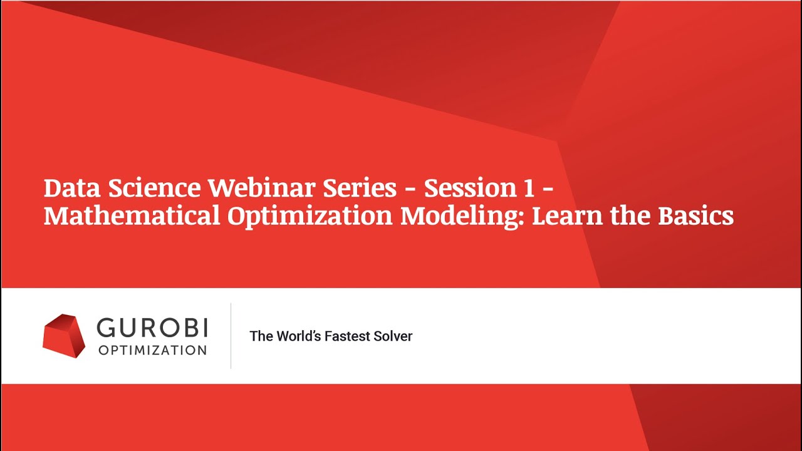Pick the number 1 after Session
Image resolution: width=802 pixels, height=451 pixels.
(527, 188)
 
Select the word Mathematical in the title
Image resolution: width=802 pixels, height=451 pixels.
(132, 216)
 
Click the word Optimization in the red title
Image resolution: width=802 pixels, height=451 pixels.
(310, 216)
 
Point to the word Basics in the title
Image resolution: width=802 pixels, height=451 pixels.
(695, 216)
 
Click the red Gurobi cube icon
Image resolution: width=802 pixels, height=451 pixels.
(63, 336)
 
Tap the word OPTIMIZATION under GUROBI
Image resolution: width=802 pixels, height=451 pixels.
(152, 350)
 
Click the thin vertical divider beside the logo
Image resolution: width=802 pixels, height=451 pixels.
(231, 336)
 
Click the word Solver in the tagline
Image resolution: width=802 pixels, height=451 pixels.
(393, 336)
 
